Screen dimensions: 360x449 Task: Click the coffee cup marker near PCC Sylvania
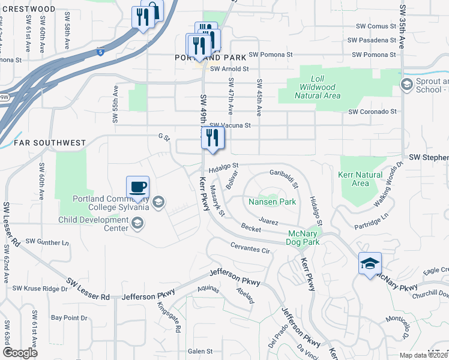click(138, 187)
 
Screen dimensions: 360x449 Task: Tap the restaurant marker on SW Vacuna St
click(212, 137)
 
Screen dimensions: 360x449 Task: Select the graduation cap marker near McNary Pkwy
click(370, 263)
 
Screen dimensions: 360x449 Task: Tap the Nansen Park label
click(272, 202)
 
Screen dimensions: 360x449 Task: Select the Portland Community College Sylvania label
click(110, 203)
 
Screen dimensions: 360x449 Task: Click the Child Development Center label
click(100, 224)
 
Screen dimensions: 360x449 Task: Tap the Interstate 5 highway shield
click(100, 52)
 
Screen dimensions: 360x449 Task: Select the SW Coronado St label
click(373, 112)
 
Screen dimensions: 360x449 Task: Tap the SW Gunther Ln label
click(45, 242)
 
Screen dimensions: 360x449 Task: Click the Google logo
click(20, 353)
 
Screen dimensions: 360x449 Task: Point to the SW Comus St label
click(376, 26)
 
